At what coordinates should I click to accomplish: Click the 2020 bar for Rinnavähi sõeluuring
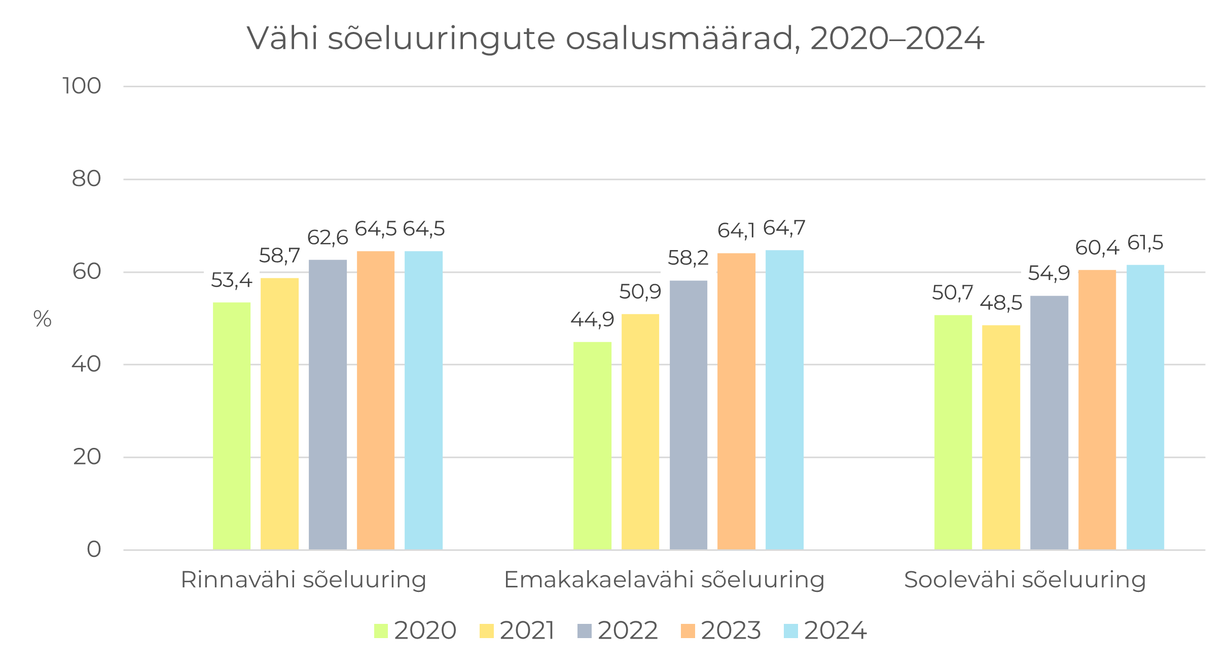pyautogui.click(x=232, y=426)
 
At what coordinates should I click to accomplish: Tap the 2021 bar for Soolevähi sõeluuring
pyautogui.click(x=1001, y=437)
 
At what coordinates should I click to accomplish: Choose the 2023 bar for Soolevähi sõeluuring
pyautogui.click(x=1097, y=410)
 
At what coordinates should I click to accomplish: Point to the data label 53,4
pyautogui.click(x=231, y=280)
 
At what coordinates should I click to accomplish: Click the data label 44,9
pyautogui.click(x=592, y=320)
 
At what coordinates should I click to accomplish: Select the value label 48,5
pyautogui.click(x=1001, y=303)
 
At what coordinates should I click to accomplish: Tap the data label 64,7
pyautogui.click(x=784, y=229)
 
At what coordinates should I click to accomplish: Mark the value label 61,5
pyautogui.click(x=1145, y=243)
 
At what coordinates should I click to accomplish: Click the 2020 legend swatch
pyautogui.click(x=381, y=630)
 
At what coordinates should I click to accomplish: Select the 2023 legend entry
pyautogui.click(x=720, y=630)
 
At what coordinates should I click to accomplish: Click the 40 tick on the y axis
pyautogui.click(x=86, y=364)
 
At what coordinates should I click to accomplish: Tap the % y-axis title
pyautogui.click(x=43, y=319)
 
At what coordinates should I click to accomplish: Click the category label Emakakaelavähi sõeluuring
pyautogui.click(x=664, y=580)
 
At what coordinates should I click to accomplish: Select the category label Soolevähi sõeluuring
pyautogui.click(x=1025, y=580)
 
